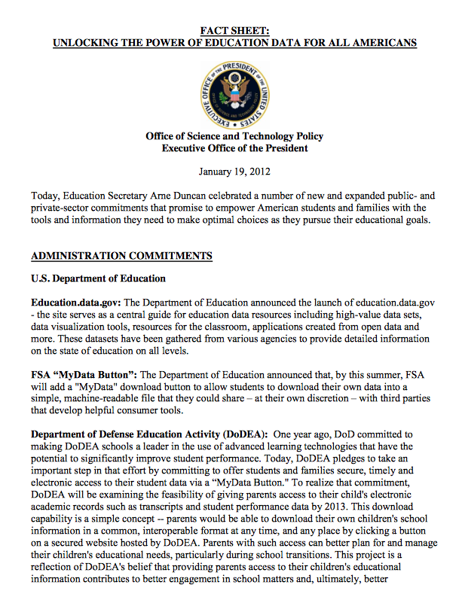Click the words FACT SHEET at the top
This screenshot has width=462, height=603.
click(234, 31)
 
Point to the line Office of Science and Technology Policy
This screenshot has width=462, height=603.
click(234, 136)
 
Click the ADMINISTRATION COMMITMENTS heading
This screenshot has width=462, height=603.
click(121, 256)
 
